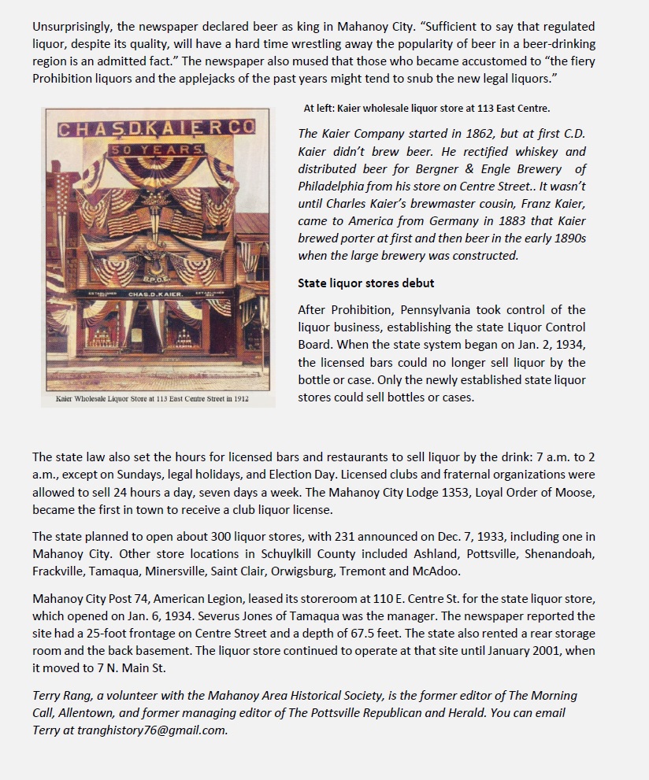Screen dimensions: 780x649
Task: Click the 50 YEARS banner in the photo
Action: [x=157, y=150]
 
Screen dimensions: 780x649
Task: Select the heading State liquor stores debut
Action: [x=365, y=283]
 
